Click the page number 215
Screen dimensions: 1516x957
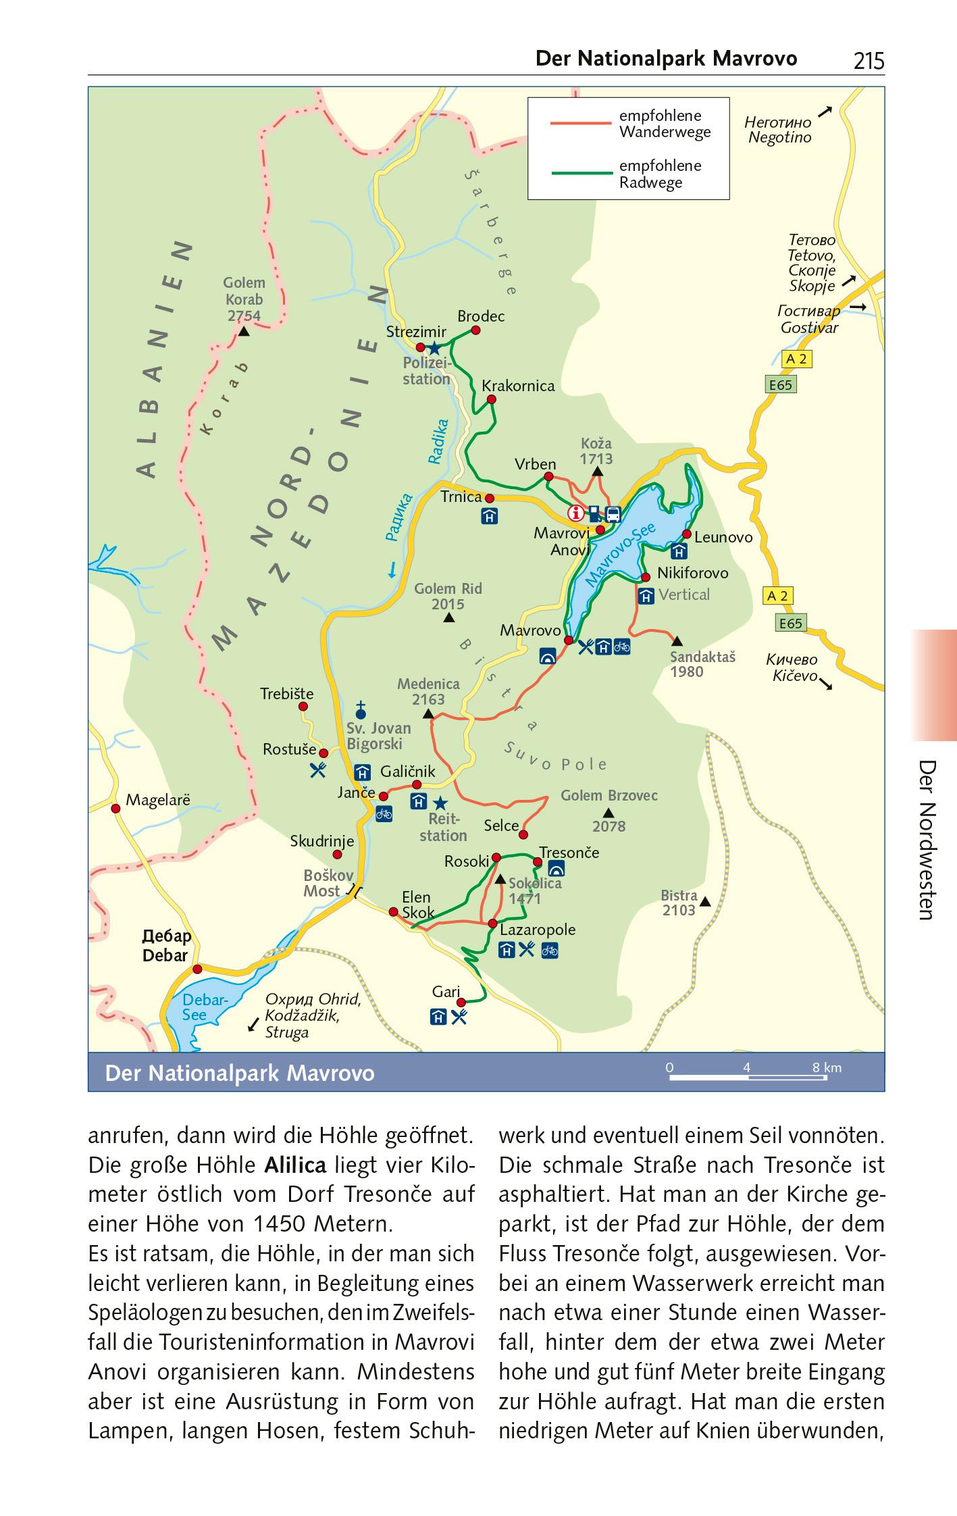(868, 61)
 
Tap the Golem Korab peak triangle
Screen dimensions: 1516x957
(244, 332)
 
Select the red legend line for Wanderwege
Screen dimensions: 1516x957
(580, 124)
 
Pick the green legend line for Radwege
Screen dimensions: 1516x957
(580, 174)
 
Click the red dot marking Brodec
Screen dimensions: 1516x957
(475, 330)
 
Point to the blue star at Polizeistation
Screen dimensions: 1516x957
(434, 349)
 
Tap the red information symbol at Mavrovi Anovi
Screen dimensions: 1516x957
(575, 513)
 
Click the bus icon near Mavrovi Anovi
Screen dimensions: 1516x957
(613, 514)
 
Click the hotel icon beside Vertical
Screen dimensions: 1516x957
(646, 596)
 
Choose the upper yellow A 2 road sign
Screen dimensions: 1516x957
(797, 359)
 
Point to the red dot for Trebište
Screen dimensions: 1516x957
(303, 707)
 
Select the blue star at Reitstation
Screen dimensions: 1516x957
(440, 803)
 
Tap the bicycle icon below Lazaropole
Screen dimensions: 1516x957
(550, 950)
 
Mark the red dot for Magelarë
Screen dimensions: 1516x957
(115, 808)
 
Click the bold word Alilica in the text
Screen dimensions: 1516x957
(295, 1165)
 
